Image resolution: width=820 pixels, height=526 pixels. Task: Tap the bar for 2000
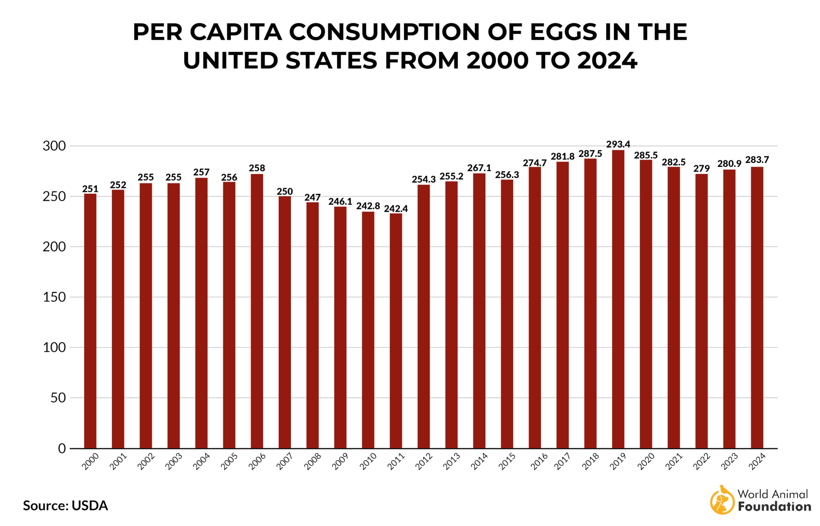coord(90,321)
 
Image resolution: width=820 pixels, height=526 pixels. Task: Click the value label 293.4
coord(618,144)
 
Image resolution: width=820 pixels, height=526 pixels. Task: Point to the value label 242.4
coord(396,209)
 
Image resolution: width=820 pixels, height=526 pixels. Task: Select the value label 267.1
coord(479,168)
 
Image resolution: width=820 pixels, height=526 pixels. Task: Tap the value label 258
coord(257,168)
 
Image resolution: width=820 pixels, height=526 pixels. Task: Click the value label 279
coord(701,169)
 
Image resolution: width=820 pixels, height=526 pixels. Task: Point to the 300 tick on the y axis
coord(54,146)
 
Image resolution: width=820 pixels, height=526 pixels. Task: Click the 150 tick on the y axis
coord(54,297)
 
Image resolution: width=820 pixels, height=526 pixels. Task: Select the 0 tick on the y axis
coord(62,448)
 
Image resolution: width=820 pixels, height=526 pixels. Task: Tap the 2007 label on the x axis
coord(285,461)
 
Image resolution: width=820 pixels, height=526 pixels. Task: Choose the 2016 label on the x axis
coord(539,462)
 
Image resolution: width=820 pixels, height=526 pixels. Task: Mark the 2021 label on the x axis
coord(673,461)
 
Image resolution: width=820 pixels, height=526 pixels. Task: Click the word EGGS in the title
coord(563,32)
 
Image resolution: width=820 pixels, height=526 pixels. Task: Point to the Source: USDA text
coord(65,506)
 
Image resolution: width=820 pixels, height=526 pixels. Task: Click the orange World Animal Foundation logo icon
coord(722,500)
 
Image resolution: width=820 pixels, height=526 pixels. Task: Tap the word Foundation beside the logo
coord(774,507)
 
